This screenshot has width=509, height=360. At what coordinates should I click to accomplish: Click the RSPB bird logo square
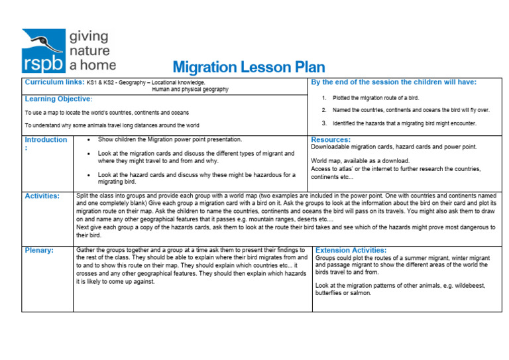(44, 50)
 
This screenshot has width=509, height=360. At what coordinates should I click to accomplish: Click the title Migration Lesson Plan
(249, 68)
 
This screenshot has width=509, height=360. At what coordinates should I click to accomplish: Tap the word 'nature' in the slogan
(90, 50)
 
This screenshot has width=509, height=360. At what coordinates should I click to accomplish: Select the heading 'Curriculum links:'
(54, 82)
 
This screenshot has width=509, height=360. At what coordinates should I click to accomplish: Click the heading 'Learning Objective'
(58, 99)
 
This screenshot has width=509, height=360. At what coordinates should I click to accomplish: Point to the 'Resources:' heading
(331, 140)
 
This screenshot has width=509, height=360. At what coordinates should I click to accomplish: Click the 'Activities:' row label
(42, 196)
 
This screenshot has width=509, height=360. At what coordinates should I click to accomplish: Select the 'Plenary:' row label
(38, 251)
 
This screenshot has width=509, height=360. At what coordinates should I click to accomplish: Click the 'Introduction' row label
(46, 140)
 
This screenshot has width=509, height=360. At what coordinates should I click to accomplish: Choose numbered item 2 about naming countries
(410, 110)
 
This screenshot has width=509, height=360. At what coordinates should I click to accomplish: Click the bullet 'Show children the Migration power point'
(170, 140)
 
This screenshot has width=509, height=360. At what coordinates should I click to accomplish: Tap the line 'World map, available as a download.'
(360, 161)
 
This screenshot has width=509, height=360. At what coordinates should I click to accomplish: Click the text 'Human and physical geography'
(190, 90)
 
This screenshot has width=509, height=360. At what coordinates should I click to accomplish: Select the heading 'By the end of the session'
(394, 82)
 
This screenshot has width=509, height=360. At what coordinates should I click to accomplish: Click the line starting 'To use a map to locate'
(107, 113)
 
